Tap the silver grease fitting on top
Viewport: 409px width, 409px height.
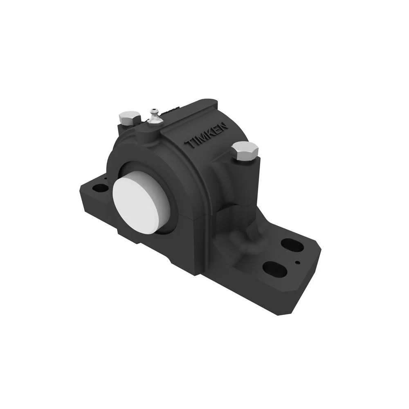click(x=154, y=116)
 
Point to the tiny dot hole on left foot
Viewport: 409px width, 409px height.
click(x=105, y=179)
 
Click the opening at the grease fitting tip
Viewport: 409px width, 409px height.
click(x=153, y=110)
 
